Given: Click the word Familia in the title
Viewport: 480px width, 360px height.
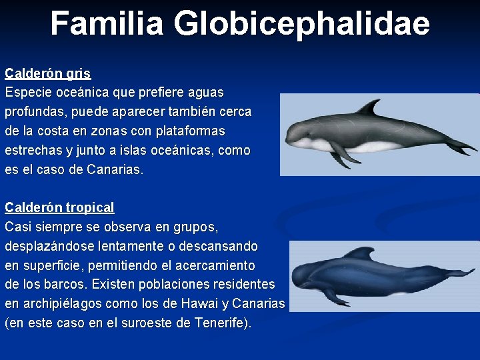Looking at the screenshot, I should [106, 23].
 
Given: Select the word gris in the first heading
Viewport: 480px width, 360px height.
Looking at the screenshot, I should [78, 73].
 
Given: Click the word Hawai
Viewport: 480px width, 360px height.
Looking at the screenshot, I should [199, 304].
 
